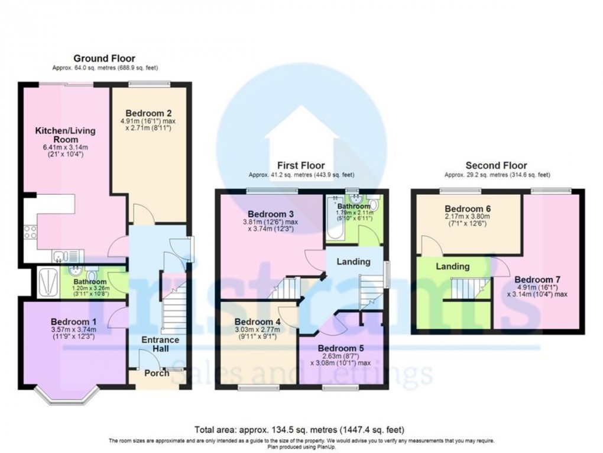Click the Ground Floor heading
tap(104, 59)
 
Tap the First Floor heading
tap(301, 165)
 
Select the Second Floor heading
tap(496, 165)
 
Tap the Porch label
tap(157, 373)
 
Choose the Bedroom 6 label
tap(468, 209)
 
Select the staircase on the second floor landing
tap(465, 289)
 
